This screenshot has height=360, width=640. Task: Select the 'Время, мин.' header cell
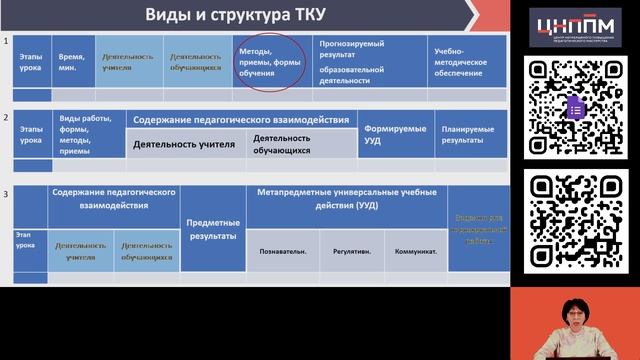click(x=72, y=62)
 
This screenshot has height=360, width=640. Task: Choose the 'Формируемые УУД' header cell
click(x=395, y=134)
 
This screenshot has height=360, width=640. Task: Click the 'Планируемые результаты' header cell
click(x=468, y=134)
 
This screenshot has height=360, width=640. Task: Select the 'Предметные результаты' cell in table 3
click(x=213, y=229)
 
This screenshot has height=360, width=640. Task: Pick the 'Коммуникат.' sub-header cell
click(x=415, y=252)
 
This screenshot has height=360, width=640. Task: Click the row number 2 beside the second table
click(x=6, y=117)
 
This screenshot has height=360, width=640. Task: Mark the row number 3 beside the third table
click(x=6, y=192)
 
